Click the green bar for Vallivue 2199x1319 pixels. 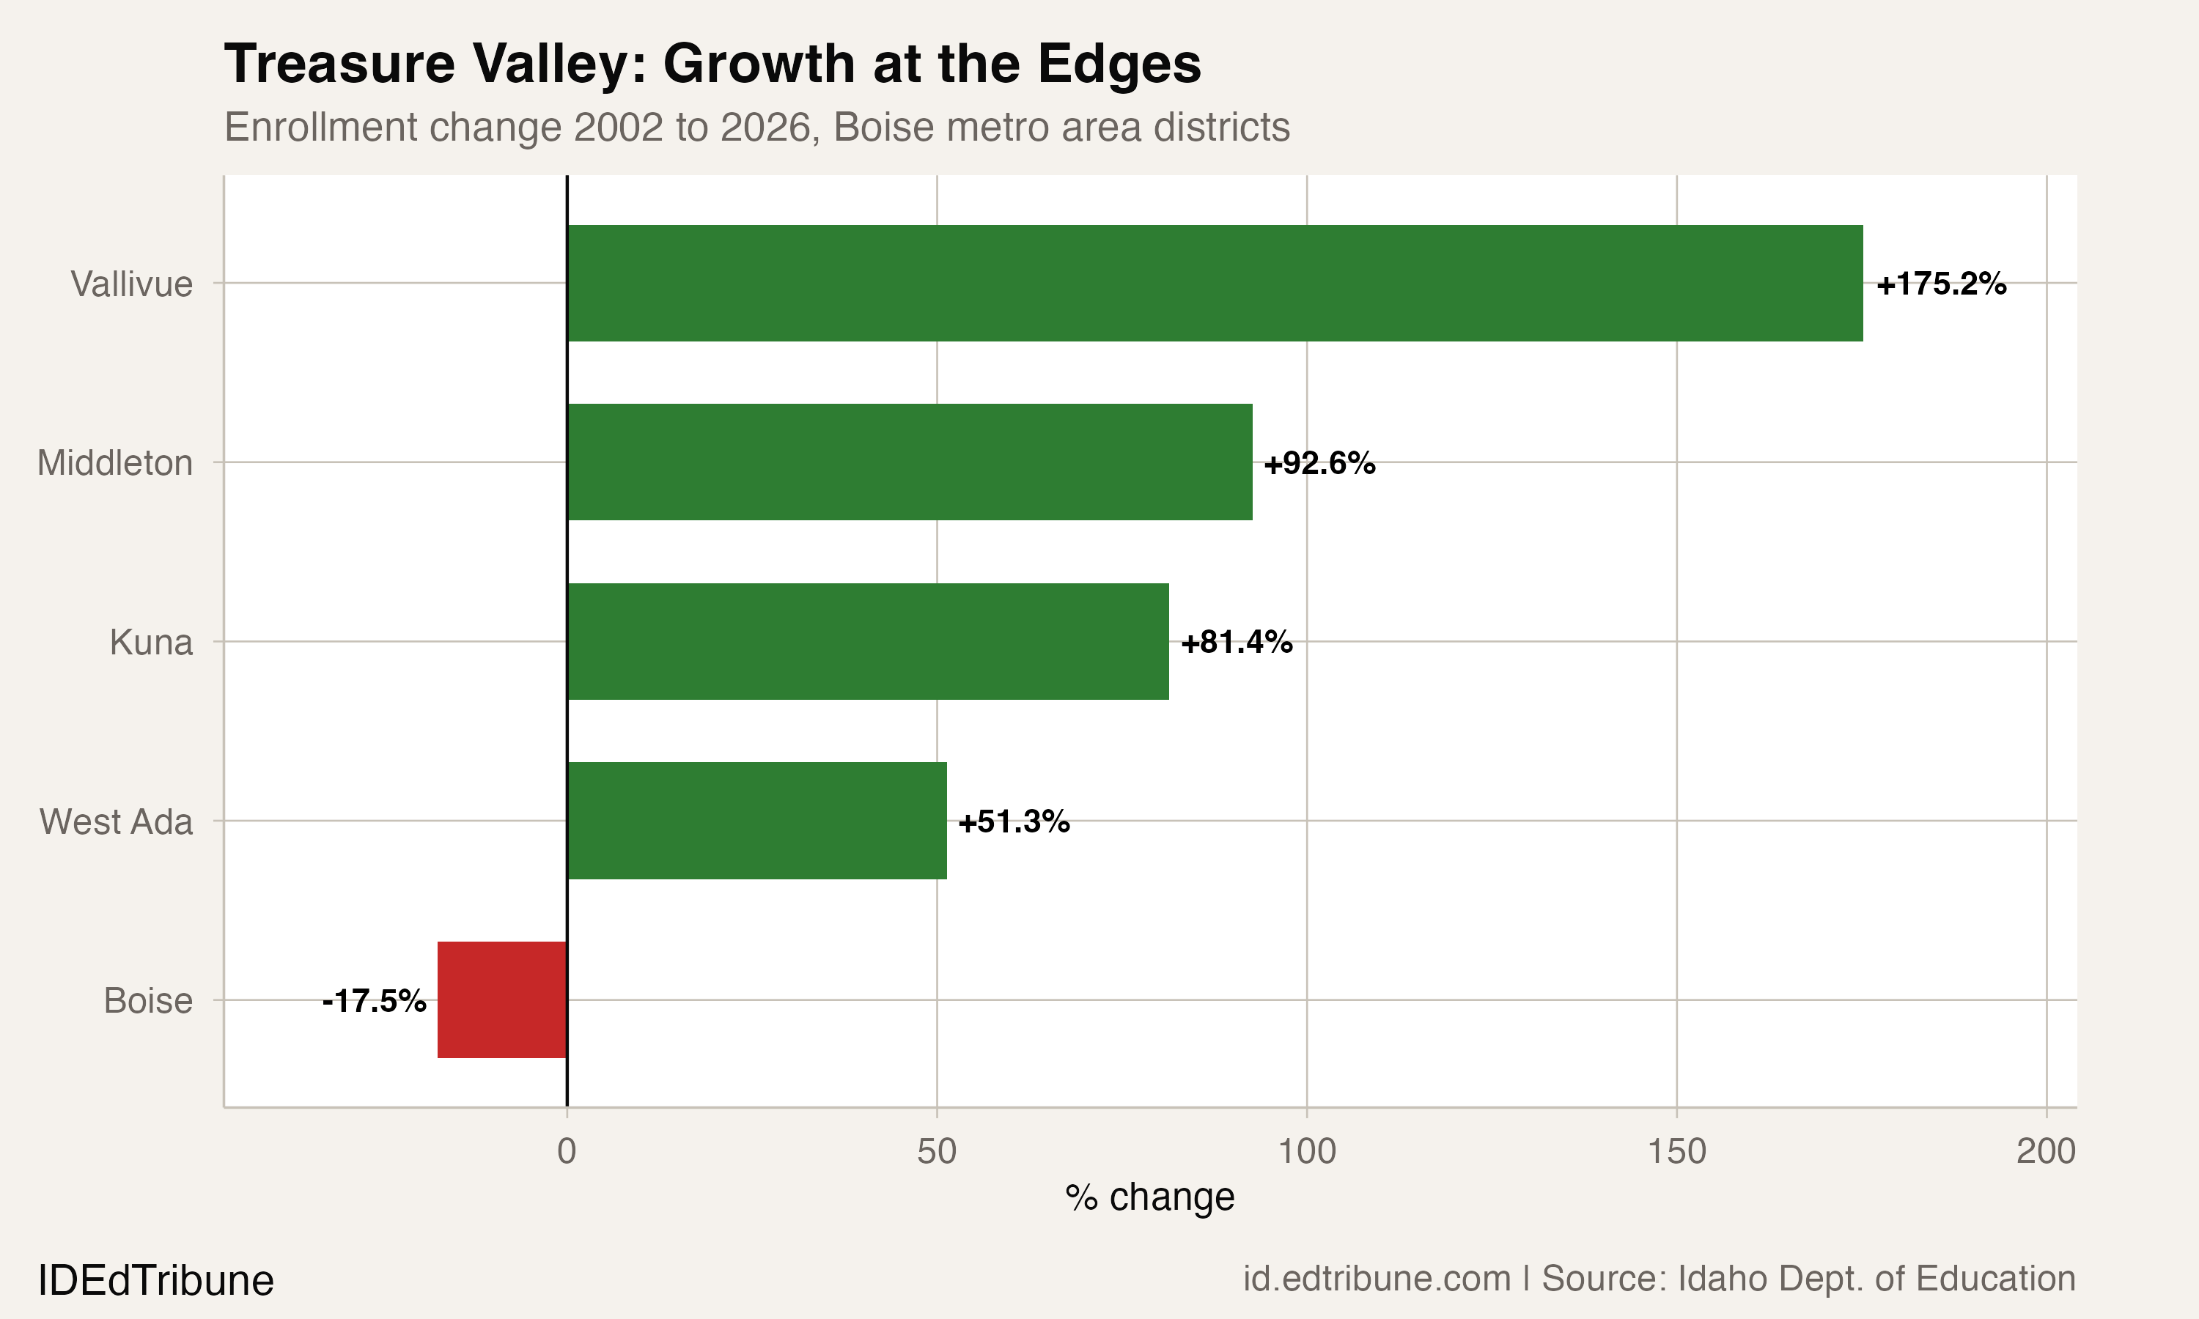click(1214, 283)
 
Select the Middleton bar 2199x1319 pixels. click(910, 462)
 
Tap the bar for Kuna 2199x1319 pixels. click(868, 642)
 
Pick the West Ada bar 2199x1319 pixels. click(756, 821)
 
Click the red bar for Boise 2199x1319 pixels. click(502, 1000)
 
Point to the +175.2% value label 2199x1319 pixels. click(1940, 284)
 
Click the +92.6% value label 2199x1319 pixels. click(1319, 463)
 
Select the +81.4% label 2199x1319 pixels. click(1237, 642)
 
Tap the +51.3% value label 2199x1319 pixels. click(1013, 821)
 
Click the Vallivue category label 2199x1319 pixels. click(131, 284)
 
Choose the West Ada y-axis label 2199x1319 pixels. click(117, 821)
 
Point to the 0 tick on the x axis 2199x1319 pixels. click(566, 1151)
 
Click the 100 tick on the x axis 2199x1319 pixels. click(1305, 1151)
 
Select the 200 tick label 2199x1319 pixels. click(2045, 1151)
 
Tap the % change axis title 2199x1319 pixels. click(1149, 1197)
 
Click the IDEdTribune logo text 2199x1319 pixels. click(155, 1281)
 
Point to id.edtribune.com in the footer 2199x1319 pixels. click(1376, 1279)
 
